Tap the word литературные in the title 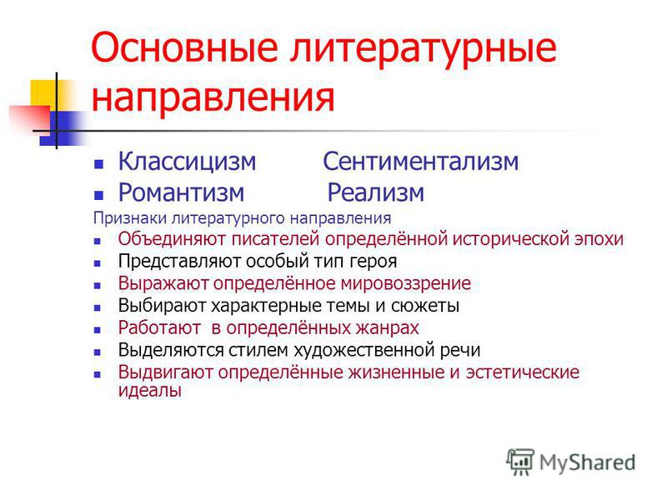coord(424,49)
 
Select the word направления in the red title coord(213,97)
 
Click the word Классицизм coord(187,162)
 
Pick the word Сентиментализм coord(421,162)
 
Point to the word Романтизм coord(181,192)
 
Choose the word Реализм coord(376,192)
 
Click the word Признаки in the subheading coord(131,218)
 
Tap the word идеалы coord(150,390)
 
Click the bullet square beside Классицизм coord(98,164)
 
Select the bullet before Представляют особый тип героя coord(98,263)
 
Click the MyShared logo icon coord(519,462)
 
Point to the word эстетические coord(523,372)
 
